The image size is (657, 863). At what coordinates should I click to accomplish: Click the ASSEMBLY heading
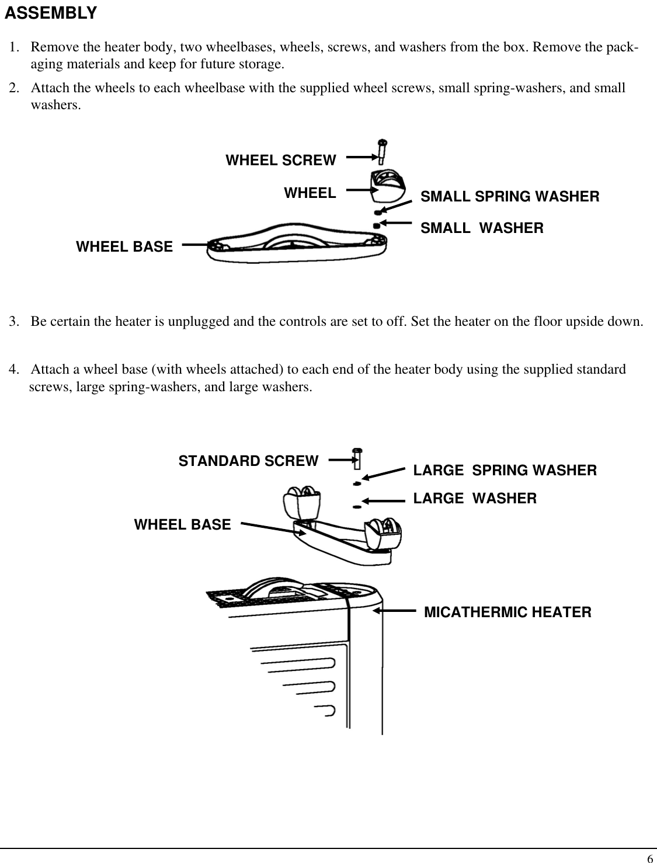[x=51, y=13]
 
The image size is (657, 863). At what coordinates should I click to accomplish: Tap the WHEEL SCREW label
[x=280, y=160]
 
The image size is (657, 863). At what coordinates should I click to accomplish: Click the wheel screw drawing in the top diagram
[x=383, y=151]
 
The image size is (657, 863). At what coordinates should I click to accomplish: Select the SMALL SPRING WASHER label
[x=510, y=197]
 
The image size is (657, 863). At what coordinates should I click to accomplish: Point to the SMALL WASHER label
[x=482, y=228]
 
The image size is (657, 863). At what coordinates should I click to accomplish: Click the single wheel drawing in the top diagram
[x=386, y=183]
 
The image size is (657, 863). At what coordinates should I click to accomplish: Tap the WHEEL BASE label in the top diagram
[x=124, y=247]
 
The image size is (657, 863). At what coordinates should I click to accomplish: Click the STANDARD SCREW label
[x=248, y=461]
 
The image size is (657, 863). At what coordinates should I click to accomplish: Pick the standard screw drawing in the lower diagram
[x=357, y=458]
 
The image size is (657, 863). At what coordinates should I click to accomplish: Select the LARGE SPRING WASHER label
[x=505, y=470]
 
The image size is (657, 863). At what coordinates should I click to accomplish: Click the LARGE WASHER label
[x=475, y=498]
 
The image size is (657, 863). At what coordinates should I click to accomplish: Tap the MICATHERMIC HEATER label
[x=507, y=613]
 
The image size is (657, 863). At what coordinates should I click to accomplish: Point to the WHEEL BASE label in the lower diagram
[x=182, y=525]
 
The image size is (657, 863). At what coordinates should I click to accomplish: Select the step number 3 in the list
[x=13, y=322]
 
